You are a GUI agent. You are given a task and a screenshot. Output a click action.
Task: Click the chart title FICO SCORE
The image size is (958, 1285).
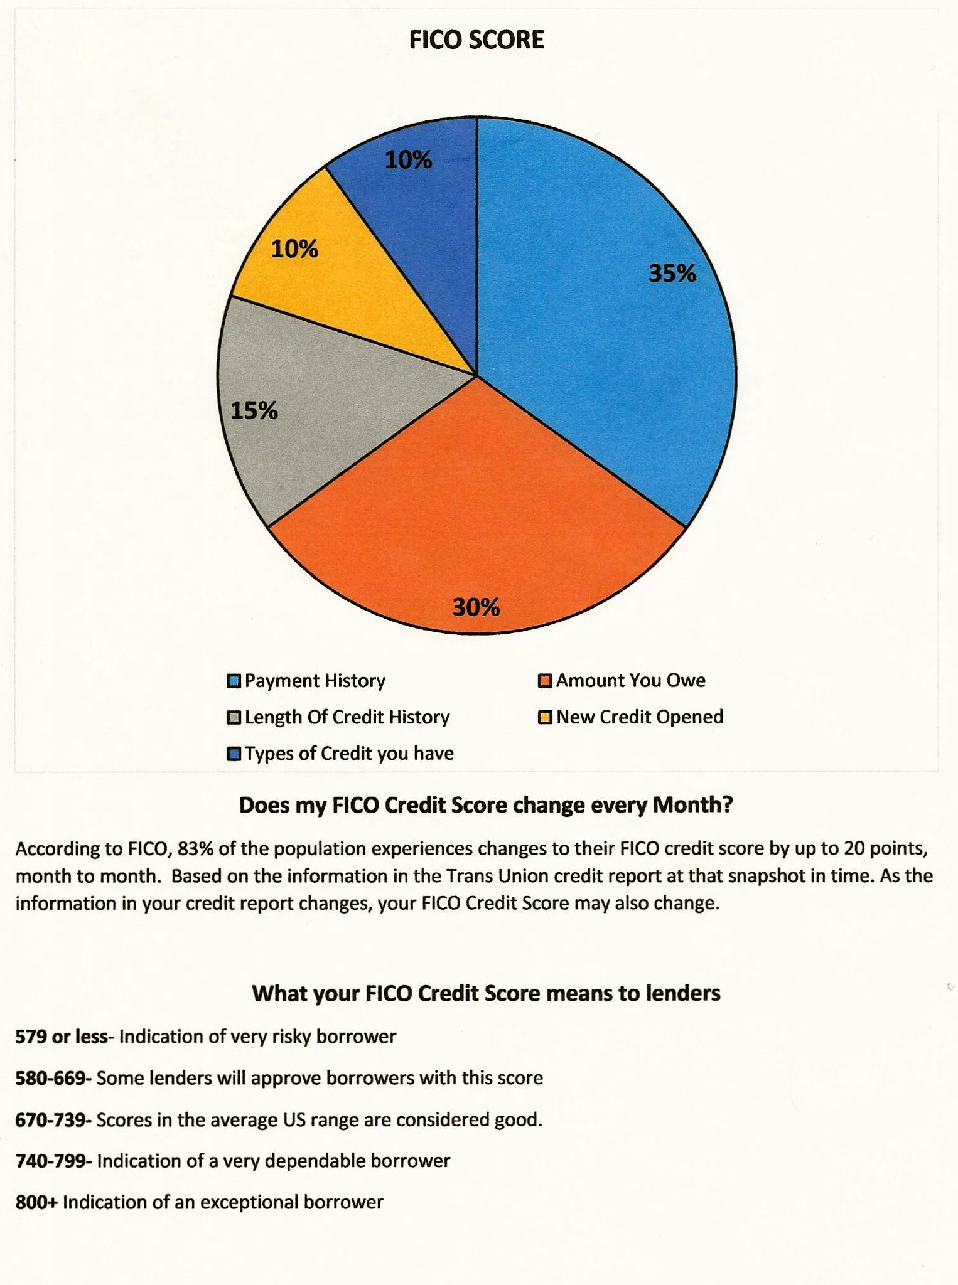click(476, 40)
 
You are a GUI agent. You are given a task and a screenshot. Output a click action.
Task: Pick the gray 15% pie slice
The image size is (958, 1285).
click(314, 408)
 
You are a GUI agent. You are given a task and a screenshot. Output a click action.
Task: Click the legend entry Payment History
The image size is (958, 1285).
click(315, 681)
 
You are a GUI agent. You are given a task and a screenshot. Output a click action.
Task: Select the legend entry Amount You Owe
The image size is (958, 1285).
click(630, 681)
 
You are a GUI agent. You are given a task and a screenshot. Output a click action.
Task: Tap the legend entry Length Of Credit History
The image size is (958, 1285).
click(347, 717)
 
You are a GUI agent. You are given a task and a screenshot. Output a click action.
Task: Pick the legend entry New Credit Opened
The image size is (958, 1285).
click(639, 717)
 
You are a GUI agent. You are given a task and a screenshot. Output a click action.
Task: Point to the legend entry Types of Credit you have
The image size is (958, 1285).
click(348, 753)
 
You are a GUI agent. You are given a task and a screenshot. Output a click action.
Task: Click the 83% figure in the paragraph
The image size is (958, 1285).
click(195, 848)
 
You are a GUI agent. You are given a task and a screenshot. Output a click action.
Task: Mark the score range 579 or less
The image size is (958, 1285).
click(62, 1036)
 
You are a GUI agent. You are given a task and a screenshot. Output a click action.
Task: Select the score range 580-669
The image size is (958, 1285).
click(53, 1078)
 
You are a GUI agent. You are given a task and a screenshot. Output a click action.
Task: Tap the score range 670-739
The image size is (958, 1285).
click(53, 1119)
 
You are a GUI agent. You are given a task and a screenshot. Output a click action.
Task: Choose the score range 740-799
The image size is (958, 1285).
click(53, 1161)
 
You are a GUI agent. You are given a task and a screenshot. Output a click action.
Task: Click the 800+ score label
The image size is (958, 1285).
click(36, 1202)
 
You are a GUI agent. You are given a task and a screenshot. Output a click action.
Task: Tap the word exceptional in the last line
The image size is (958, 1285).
click(248, 1203)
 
